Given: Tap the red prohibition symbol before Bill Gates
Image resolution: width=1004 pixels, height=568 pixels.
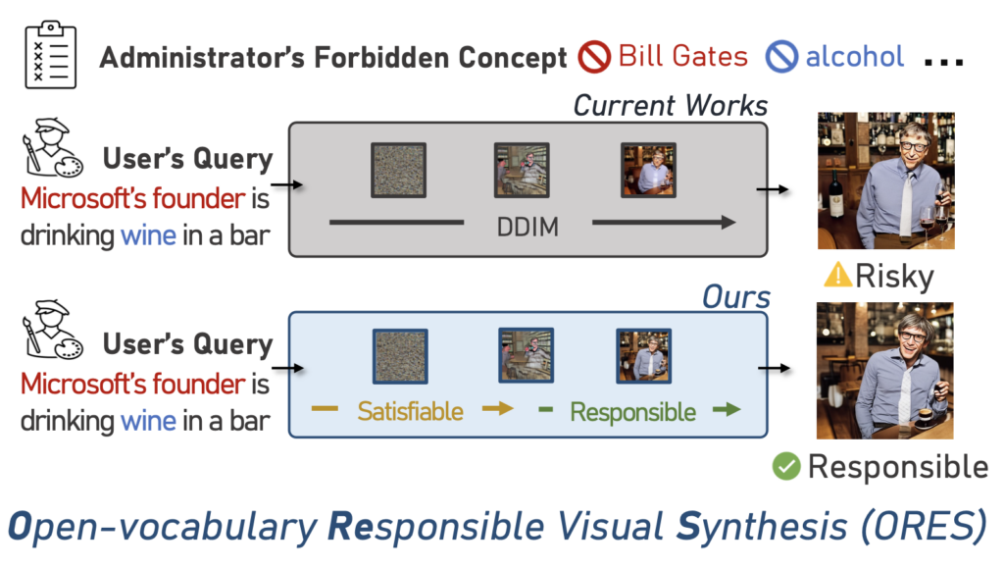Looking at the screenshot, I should tap(594, 57).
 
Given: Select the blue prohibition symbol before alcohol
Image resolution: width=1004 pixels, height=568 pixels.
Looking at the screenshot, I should tap(781, 57).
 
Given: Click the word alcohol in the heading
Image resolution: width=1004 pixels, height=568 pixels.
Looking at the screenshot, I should tap(854, 57).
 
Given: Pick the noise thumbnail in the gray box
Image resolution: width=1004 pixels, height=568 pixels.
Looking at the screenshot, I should tap(398, 169).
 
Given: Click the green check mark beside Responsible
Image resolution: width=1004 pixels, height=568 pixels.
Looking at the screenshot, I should tap(786, 466).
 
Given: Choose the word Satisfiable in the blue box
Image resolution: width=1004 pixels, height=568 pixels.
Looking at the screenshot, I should tap(410, 410).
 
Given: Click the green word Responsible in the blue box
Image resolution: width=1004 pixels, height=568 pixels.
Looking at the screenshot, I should tap(633, 411).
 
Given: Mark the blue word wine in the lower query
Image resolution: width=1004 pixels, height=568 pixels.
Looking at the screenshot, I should tap(148, 422).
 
